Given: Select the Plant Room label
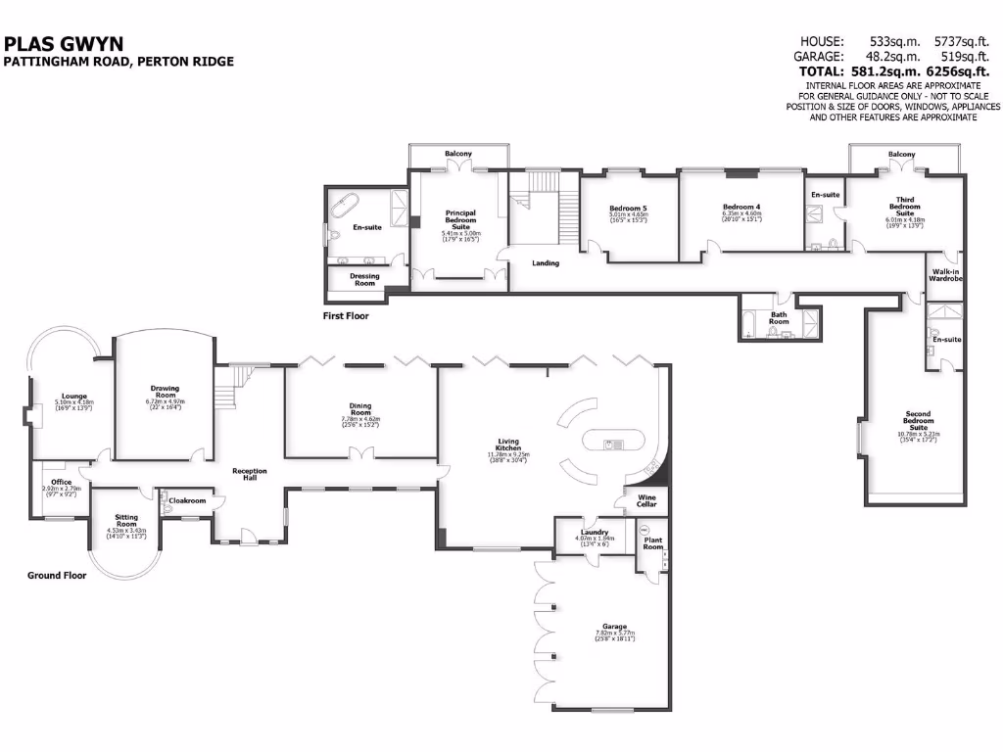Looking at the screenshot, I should pos(653,543).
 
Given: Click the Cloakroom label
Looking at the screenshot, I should pos(187,500).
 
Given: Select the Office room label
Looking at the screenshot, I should pos(62,482).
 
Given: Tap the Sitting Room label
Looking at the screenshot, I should pos(126,520).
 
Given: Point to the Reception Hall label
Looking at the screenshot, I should pos(250,475).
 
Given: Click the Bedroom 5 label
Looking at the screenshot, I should pos(628,208).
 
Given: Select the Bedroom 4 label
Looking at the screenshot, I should pos(741,207).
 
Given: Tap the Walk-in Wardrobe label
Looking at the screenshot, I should pos(946,276).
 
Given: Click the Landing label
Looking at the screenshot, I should pos(546,262).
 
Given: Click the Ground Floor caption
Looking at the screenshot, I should pos(56,576).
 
